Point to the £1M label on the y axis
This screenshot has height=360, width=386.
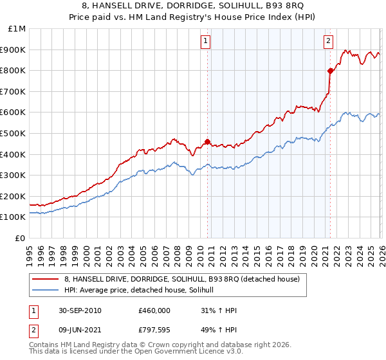point(17,28)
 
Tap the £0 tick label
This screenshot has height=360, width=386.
point(21,238)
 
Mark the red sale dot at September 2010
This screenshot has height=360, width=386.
point(207,141)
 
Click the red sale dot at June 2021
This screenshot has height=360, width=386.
point(330,71)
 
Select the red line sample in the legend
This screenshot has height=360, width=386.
point(45,278)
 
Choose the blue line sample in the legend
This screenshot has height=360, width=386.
point(45,290)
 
